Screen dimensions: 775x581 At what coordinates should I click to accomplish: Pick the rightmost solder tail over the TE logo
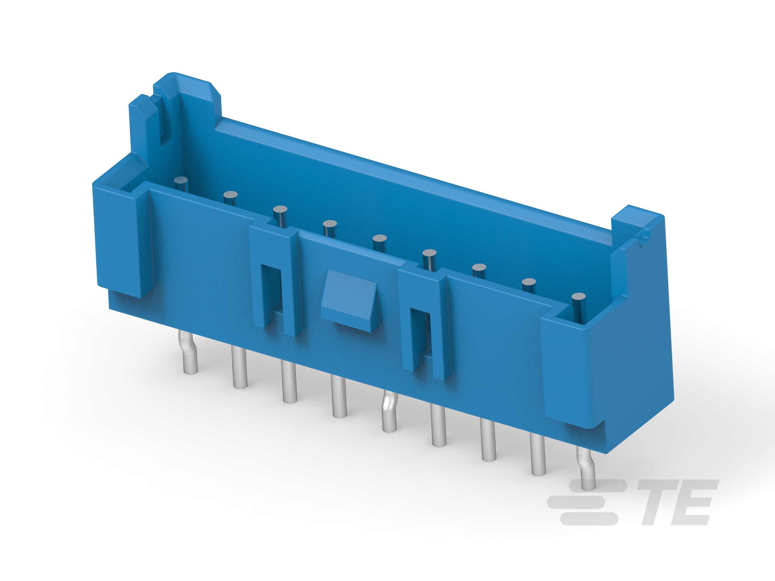tap(587, 469)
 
